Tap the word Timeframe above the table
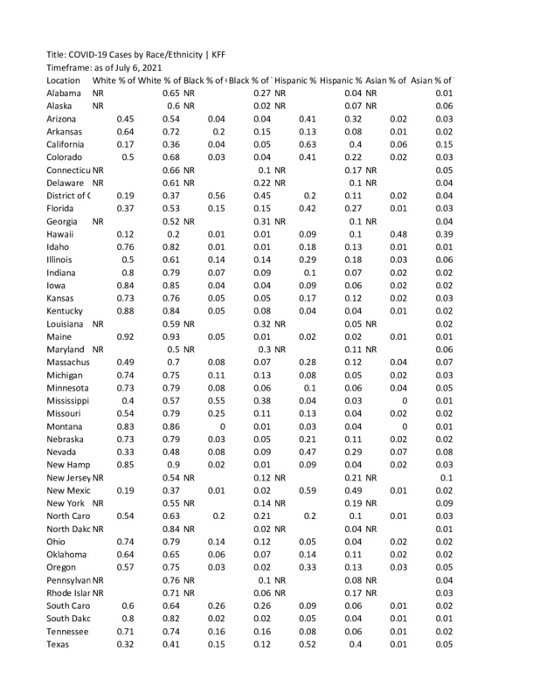73,66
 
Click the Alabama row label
65,93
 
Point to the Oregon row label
63,567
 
